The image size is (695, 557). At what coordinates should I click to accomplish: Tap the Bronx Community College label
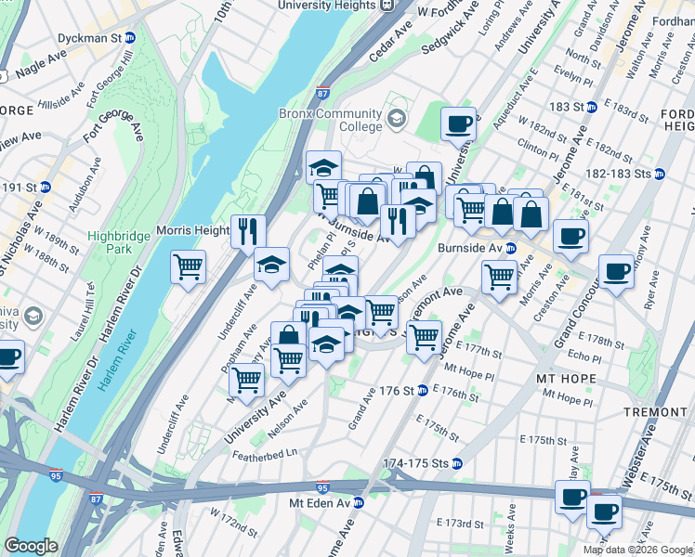pos(331,120)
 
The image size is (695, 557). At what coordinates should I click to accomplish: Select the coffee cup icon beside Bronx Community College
pos(457,123)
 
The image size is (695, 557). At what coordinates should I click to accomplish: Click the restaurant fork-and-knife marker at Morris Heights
pos(248,231)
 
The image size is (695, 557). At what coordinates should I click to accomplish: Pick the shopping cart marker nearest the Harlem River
pos(189,267)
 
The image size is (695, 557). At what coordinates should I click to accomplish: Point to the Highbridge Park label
pos(118,243)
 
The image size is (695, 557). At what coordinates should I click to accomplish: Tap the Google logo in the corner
pos(31,546)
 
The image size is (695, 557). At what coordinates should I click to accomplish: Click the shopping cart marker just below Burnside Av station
pos(500,276)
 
